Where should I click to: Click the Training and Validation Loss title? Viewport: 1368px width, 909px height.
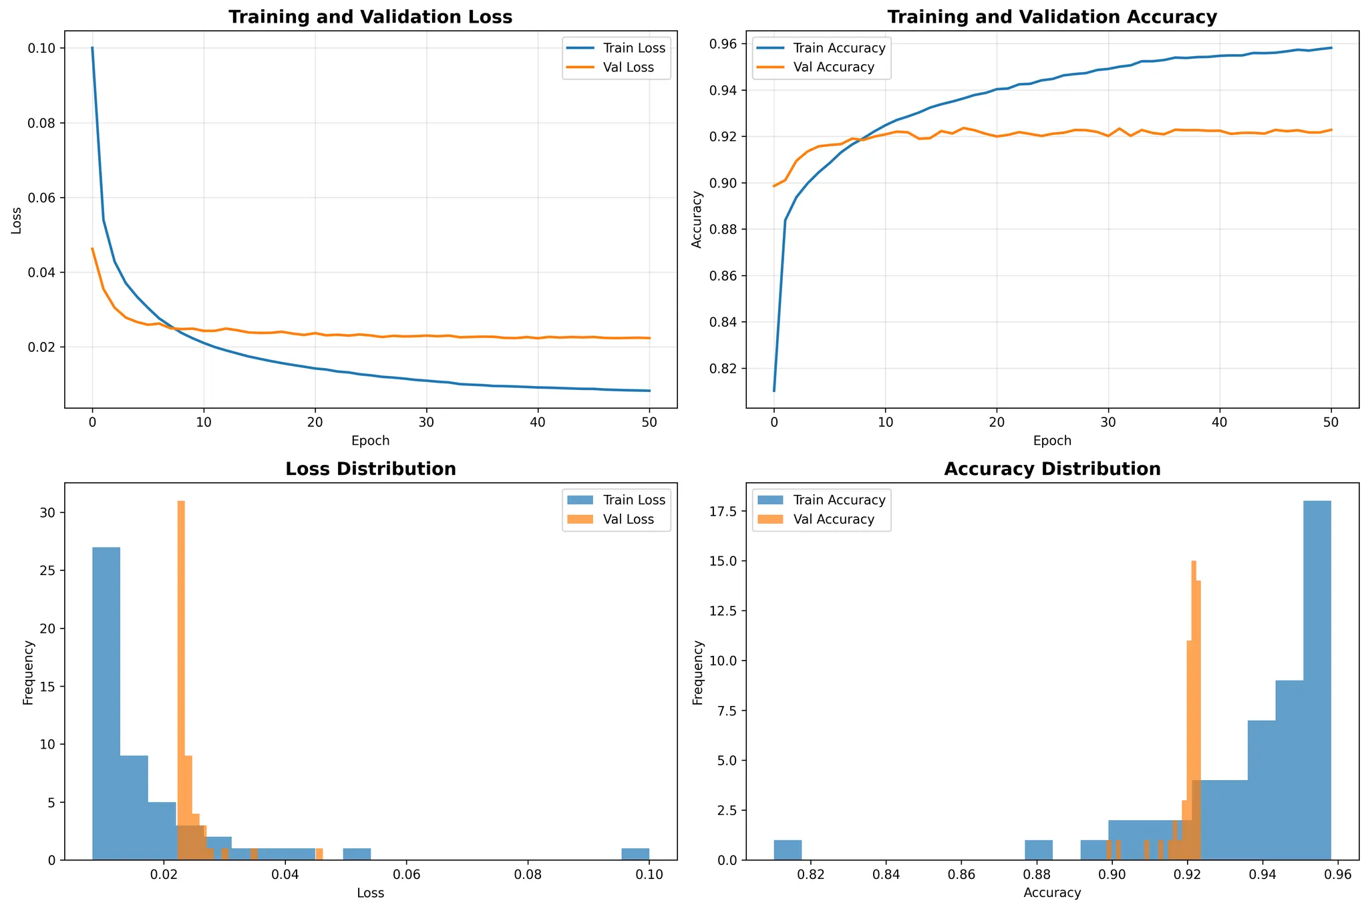tap(370, 17)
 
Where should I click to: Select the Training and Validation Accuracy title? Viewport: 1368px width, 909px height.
tap(1052, 17)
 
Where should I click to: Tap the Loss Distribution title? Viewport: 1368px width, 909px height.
tap(370, 470)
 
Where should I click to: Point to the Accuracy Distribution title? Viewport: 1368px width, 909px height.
tap(1052, 470)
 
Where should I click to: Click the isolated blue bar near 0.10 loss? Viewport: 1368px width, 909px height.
tap(635, 854)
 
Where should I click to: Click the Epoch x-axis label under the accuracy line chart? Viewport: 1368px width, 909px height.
tap(1052, 441)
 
